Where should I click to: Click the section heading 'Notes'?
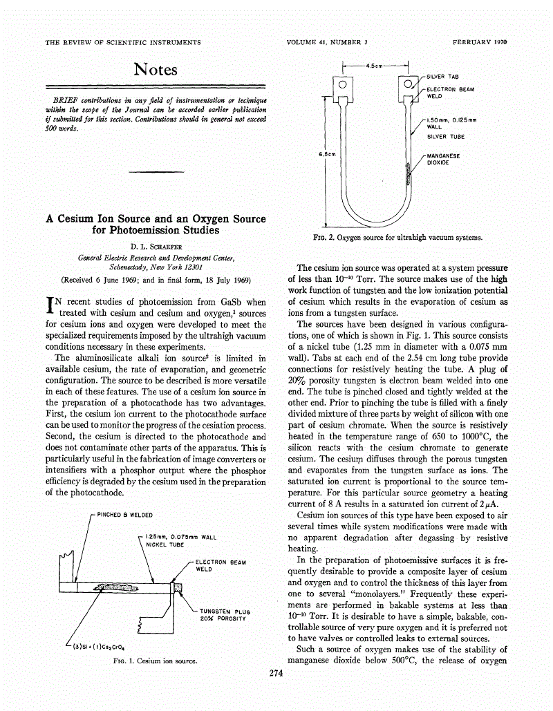tap(156, 69)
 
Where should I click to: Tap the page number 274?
tap(277, 675)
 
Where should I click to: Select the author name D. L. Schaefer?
tap(156, 245)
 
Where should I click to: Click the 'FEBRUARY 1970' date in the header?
tap(480, 42)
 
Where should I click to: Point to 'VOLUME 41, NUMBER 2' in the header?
tap(326, 42)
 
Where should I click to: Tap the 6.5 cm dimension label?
tap(326, 154)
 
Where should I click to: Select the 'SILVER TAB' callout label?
tap(443, 76)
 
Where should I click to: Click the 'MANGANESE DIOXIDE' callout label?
tap(443, 159)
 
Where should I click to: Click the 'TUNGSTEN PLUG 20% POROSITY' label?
tap(224, 615)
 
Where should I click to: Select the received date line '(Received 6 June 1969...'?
tap(156, 280)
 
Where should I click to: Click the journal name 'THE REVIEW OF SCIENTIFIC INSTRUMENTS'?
tap(123, 42)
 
